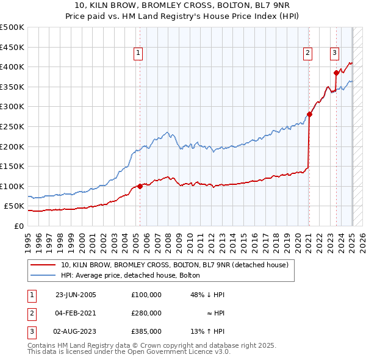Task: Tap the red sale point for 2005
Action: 140,186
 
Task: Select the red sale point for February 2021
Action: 310,114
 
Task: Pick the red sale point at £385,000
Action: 336,73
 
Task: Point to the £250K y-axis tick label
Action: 12,126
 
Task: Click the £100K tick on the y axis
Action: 12,186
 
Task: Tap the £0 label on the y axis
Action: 18,226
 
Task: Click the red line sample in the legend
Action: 43,265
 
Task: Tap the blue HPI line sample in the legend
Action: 43,275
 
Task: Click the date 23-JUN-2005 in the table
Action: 76,295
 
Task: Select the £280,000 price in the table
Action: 146,313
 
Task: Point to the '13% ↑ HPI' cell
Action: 207,331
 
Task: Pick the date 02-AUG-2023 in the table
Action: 76,331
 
